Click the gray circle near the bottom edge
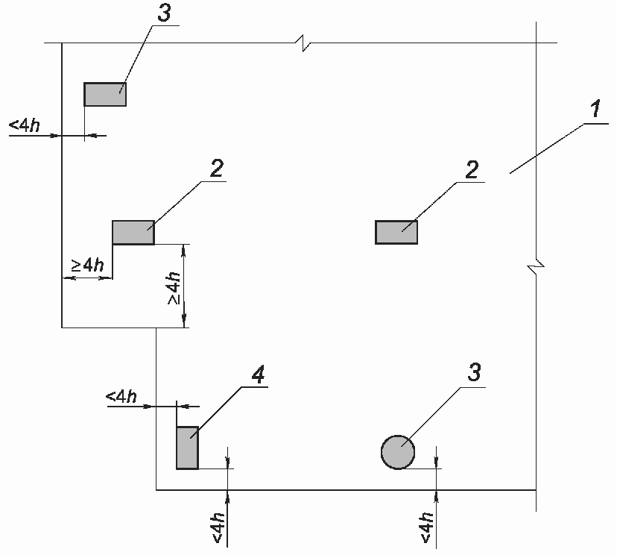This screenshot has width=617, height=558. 398,451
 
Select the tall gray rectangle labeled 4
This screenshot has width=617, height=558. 187,448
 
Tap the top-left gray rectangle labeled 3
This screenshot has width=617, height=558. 104,95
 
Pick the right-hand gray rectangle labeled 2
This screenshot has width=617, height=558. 396,233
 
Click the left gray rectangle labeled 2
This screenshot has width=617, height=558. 133,233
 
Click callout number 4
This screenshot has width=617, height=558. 257,375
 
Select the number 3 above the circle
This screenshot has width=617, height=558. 473,373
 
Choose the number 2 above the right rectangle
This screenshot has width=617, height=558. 471,169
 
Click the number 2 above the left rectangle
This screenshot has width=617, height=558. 215,169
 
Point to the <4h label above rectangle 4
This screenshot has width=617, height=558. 121,396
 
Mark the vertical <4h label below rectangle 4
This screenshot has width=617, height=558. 218,527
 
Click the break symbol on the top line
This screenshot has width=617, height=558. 304,44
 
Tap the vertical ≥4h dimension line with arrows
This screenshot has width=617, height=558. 184,286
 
